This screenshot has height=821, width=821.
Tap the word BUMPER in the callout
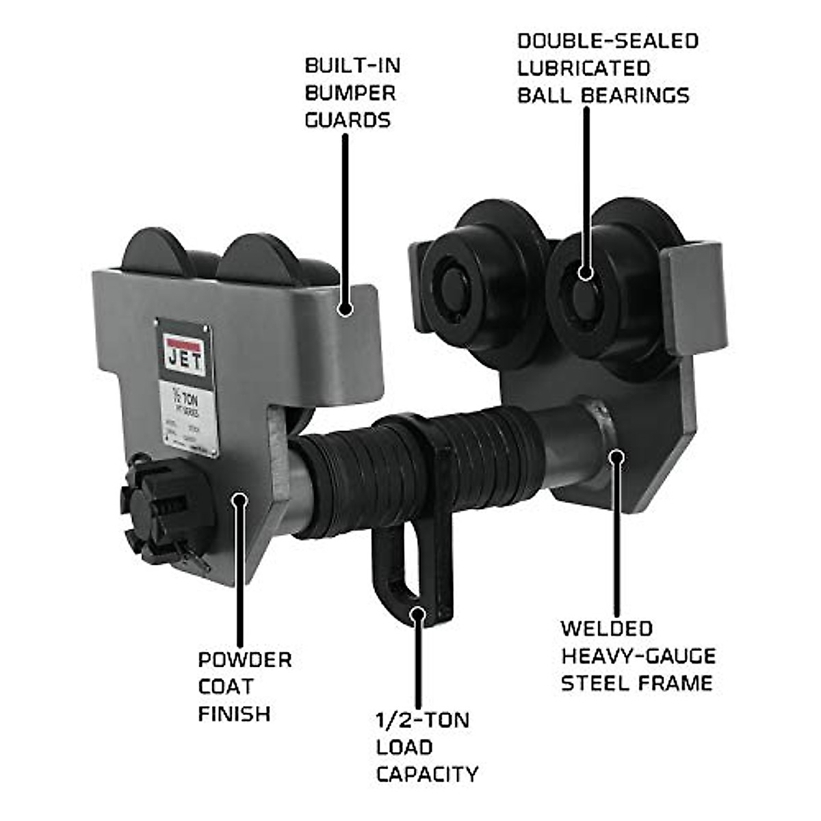pyautogui.click(x=350, y=93)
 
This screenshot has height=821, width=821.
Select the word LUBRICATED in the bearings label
pyautogui.click(x=584, y=68)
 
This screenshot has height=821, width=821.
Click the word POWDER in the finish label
pyautogui.click(x=245, y=660)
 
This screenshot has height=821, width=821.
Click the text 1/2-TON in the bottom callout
pyautogui.click(x=422, y=720)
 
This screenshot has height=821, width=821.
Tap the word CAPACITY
pyautogui.click(x=427, y=774)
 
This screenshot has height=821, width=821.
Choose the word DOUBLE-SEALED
pyautogui.click(x=608, y=40)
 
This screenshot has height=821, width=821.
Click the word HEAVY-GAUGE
pyautogui.click(x=638, y=656)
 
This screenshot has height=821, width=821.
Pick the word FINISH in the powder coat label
pyautogui.click(x=234, y=714)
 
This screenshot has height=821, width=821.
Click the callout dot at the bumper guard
pyautogui.click(x=346, y=309)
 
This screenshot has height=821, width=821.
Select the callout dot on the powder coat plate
pyautogui.click(x=239, y=499)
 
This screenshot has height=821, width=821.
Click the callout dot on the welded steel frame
pyautogui.click(x=616, y=456)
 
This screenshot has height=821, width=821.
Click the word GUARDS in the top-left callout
pyautogui.click(x=348, y=120)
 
